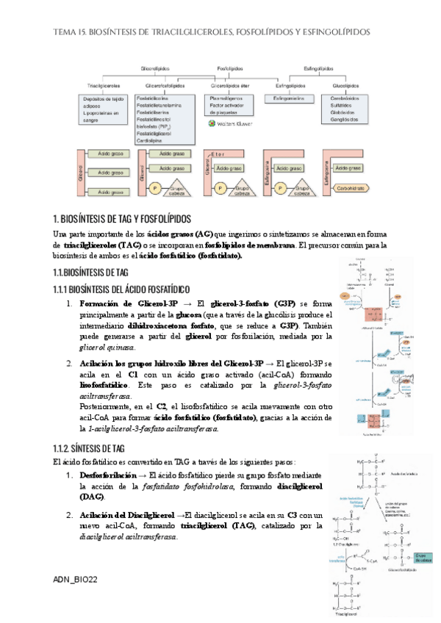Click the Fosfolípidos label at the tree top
click(230, 68)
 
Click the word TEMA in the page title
click(63, 32)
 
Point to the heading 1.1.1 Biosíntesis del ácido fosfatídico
click(122, 289)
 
